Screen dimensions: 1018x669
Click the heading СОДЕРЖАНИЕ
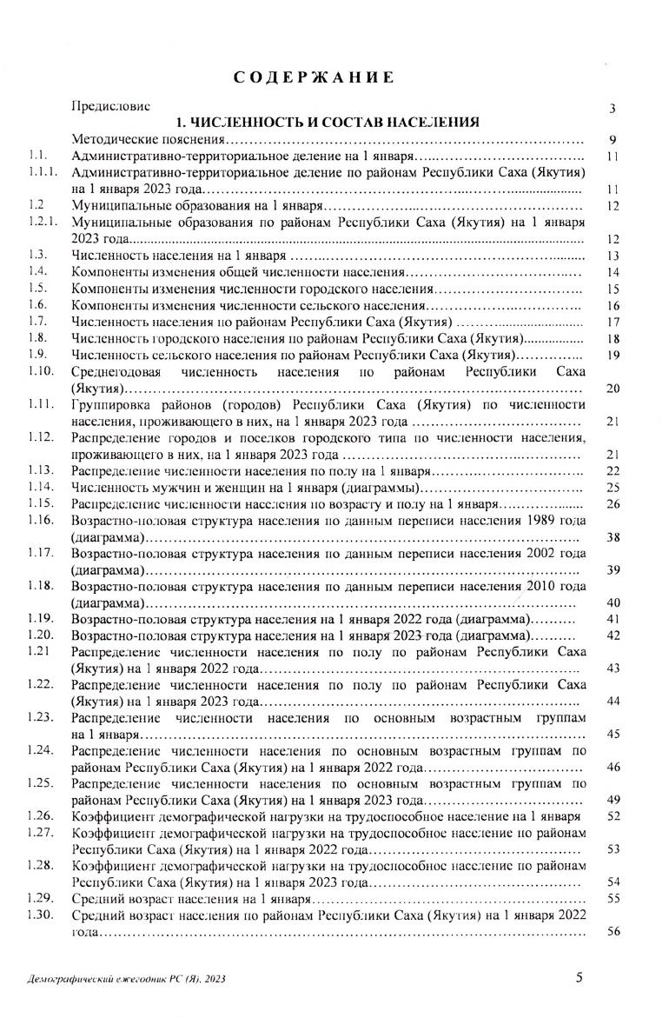point(315,78)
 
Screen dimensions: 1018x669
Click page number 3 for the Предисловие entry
point(613,109)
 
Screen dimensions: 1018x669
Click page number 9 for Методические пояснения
point(613,140)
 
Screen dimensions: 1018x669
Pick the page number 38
point(613,538)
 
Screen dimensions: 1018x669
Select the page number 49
point(613,800)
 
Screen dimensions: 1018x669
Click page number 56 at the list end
point(613,932)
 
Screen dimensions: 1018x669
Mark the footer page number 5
point(580,977)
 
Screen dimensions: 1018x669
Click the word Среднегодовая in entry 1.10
point(120,371)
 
